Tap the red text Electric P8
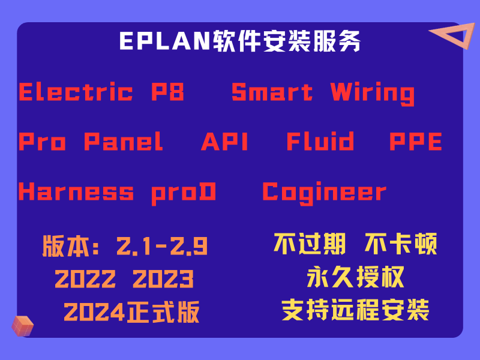101,92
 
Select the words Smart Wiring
323,92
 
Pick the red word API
225,142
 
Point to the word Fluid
320,142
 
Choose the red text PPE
416,142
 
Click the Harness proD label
118,192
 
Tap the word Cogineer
325,192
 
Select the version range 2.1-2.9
162,246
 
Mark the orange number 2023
163,279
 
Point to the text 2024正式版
131,312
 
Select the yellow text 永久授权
355,277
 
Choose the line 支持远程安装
355,310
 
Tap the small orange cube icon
22,326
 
